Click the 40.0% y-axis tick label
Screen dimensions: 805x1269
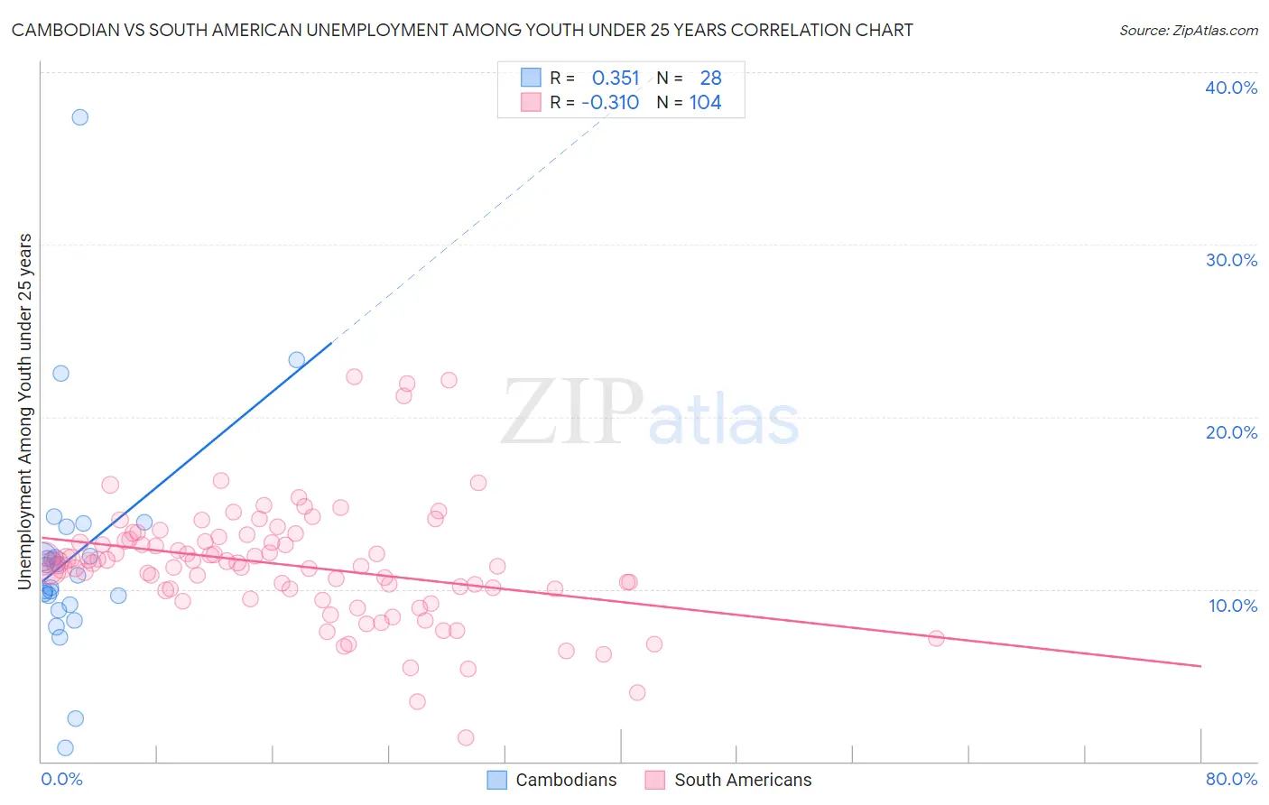coord(1231,88)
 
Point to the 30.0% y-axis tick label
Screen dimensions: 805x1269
coord(1231,260)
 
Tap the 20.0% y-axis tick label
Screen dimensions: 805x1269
coord(1231,432)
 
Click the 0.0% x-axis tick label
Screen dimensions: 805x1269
coord(61,780)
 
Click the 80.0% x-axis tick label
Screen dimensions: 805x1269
coord(1231,780)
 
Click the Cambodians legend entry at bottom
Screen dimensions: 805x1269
coord(552,780)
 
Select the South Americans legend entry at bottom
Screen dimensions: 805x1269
coord(729,780)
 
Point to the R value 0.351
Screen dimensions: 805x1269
coord(616,79)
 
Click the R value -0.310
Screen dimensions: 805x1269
coord(610,103)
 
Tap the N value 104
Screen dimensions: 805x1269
coord(705,103)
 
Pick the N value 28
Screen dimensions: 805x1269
coord(710,79)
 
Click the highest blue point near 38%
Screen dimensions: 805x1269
coord(80,117)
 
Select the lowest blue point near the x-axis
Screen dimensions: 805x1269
coord(65,748)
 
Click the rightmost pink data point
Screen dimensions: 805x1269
coord(936,639)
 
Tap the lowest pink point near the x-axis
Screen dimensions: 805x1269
coord(466,738)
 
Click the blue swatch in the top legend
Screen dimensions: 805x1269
coord(531,79)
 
